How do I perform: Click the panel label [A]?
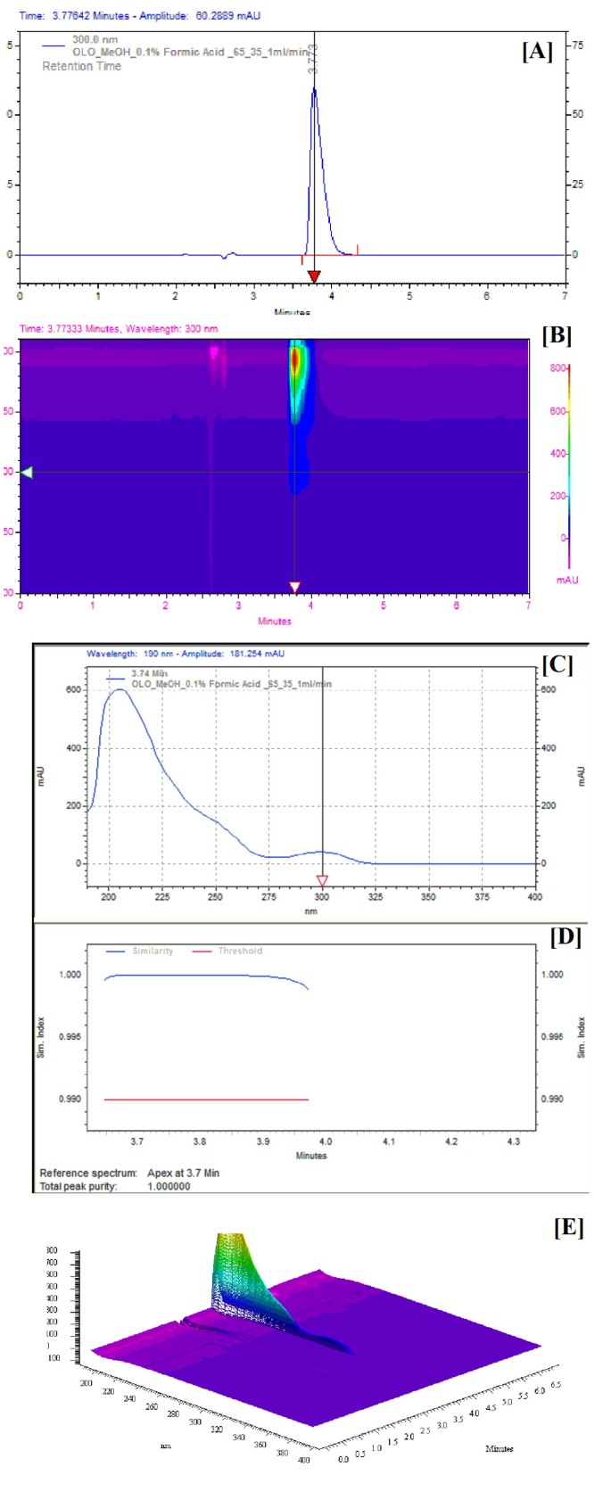pos(537,52)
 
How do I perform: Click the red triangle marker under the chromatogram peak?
pos(314,276)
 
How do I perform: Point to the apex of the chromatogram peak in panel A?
pos(314,87)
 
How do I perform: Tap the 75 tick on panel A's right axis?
pos(577,45)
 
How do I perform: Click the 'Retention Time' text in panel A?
pos(81,66)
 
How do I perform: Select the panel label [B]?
pos(557,335)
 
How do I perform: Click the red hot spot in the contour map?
pos(295,362)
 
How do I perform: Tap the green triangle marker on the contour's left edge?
pos(27,472)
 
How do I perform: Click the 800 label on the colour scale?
pos(558,368)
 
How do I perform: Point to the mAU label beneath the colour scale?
pos(567,580)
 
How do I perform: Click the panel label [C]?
pos(557,664)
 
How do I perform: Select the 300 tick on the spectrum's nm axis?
pos(322,897)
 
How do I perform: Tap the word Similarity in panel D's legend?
pos(153,951)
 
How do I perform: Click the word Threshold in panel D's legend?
pos(240,951)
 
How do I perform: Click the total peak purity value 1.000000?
pos(169,1186)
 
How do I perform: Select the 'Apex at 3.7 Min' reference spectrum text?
pos(183,1173)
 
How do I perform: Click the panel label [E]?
pos(568,1227)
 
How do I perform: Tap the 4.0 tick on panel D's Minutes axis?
pos(326,1141)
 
